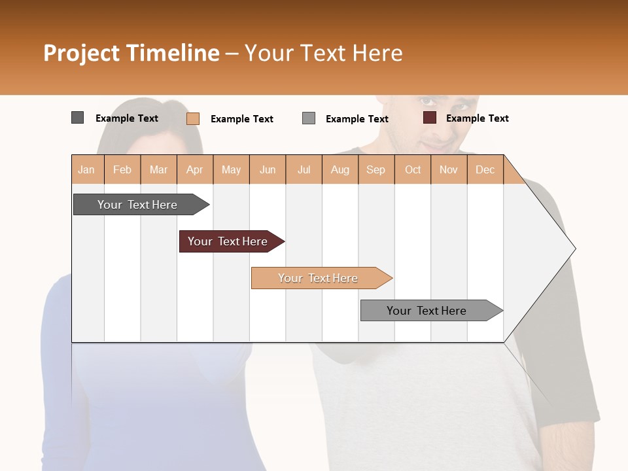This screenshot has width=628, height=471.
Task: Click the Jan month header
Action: point(87,169)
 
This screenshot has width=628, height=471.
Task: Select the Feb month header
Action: point(122,169)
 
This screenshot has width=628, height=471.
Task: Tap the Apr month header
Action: point(195,169)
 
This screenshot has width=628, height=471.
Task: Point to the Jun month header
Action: point(268,169)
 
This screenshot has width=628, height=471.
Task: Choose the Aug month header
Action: point(340,169)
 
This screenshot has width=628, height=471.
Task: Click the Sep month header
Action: point(376,169)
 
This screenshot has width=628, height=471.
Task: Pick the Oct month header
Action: point(413,169)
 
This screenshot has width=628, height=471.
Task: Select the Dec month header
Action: point(485,169)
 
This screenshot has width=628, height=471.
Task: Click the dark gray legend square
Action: point(77,118)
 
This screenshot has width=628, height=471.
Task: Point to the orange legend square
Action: point(193,118)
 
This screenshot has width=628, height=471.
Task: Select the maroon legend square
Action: point(430,118)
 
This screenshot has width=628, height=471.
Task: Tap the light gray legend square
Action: point(309,118)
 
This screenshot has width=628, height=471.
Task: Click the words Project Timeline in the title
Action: point(131,53)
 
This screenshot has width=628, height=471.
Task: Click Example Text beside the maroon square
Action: point(478,118)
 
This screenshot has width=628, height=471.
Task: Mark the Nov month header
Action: point(449,169)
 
